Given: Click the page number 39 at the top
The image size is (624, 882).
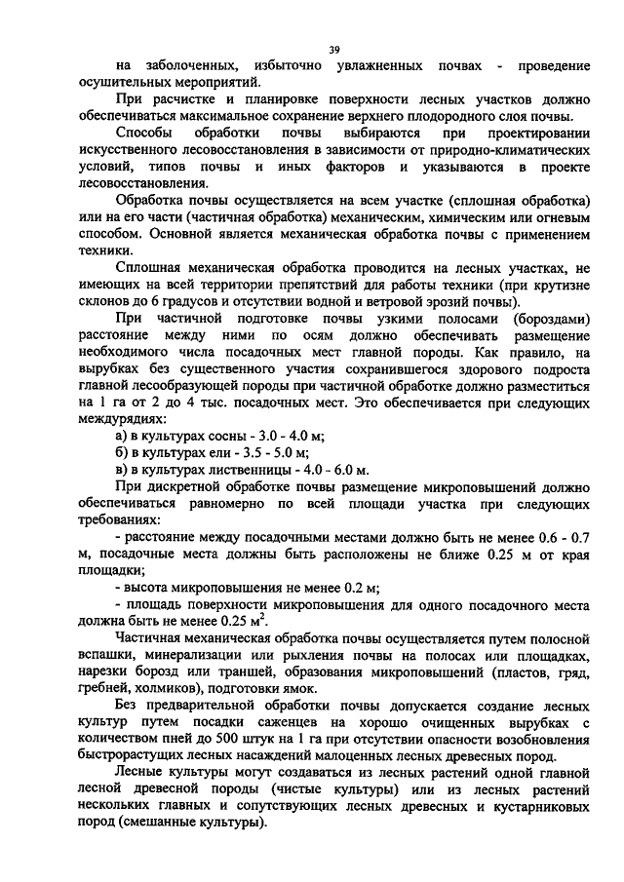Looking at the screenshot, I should tap(333, 49).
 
